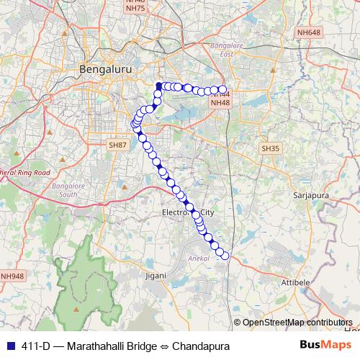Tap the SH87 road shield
pos(117,145)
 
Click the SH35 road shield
pos(269,148)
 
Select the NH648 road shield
pos(308,32)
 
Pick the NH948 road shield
pos(12,276)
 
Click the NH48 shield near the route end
pos(220,103)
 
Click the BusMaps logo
pos(322,346)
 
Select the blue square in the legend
pos(9,346)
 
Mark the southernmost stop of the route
pos(225,255)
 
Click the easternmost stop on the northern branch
pos(222,89)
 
